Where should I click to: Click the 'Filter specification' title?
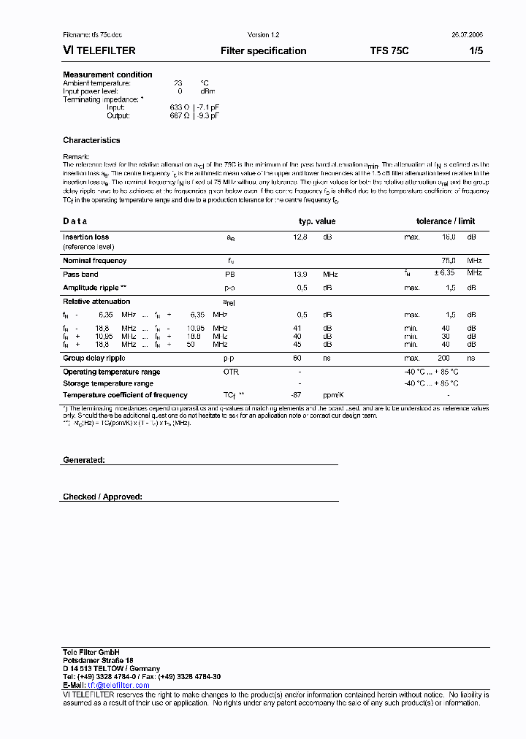[x=263, y=51]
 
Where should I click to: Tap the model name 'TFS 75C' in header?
[x=389, y=51]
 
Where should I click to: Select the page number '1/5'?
[x=475, y=51]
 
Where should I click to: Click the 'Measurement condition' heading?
[x=107, y=74]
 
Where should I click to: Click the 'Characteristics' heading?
[x=91, y=140]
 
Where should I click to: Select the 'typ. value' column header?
[x=317, y=221]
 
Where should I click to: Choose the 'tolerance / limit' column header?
[x=446, y=221]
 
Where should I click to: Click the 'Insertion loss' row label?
[x=85, y=237]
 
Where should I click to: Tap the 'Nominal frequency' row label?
[x=94, y=261]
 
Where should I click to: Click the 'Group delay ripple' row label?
[x=94, y=359]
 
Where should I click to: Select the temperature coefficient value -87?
[x=297, y=395]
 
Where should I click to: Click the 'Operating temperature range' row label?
[x=111, y=372]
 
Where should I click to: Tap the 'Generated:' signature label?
[x=84, y=460]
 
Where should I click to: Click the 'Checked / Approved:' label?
[x=102, y=497]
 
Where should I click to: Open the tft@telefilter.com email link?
[x=118, y=685]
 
